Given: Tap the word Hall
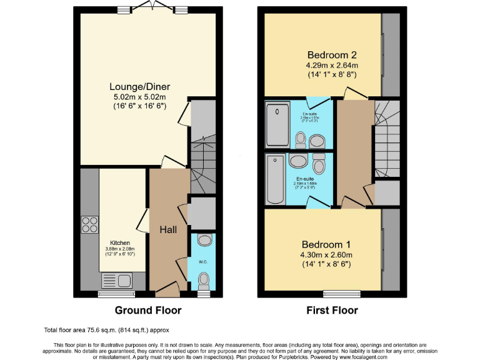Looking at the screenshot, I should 168,230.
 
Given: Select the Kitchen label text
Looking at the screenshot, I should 120,242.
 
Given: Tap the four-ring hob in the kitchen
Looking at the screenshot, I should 89,224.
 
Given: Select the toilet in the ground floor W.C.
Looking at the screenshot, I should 204,277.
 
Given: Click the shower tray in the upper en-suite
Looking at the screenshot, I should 276,126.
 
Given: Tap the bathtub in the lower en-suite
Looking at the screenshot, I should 275,179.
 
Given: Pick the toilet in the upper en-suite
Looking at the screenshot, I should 301,137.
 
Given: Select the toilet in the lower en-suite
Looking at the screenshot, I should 319,164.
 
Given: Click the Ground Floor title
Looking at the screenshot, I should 148,310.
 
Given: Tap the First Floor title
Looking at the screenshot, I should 332,310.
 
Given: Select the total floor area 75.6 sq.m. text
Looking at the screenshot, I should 106,330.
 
